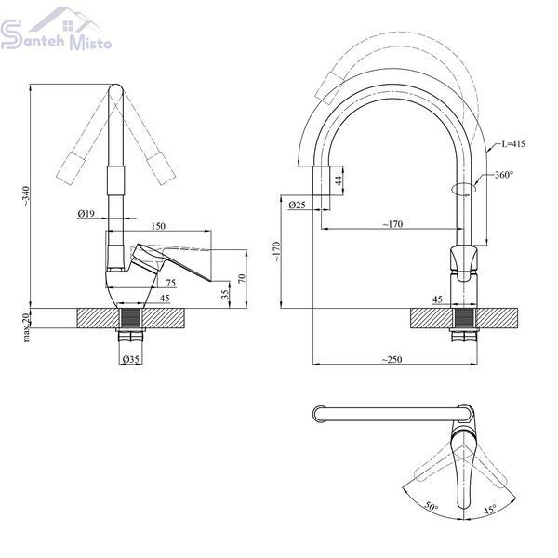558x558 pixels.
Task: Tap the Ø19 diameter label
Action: point(86,213)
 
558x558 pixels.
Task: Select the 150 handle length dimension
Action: point(158,226)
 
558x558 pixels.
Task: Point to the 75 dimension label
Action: point(171,283)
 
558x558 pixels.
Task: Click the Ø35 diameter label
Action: point(130,359)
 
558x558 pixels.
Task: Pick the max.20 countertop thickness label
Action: point(27,326)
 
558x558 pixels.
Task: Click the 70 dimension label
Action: point(242,278)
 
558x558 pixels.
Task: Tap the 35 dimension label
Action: point(224,294)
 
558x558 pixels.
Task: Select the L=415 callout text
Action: point(513,144)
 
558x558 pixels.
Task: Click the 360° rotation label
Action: point(504,175)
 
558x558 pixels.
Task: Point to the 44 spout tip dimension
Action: point(339,180)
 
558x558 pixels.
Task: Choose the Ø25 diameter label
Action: point(298,205)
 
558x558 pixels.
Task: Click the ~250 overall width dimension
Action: point(392,359)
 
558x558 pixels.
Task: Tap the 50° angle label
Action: point(432,507)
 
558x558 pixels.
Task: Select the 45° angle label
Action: point(490,510)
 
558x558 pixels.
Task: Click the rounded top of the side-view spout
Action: point(115,88)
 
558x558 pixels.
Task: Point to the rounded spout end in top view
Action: point(317,415)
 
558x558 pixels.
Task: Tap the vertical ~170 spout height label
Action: point(277,252)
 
